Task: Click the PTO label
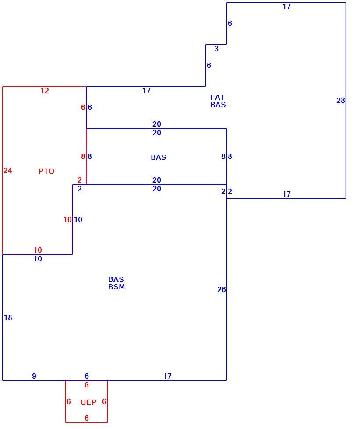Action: pyautogui.click(x=46, y=171)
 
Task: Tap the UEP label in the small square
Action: pyautogui.click(x=88, y=402)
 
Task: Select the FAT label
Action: pyautogui.click(x=218, y=97)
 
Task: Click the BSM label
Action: pyautogui.click(x=116, y=287)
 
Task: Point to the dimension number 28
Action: pyautogui.click(x=341, y=100)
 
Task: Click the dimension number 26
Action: pyautogui.click(x=222, y=289)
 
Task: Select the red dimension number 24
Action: pyautogui.click(x=8, y=170)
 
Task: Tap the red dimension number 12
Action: pyautogui.click(x=45, y=91)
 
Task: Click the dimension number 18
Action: pyautogui.click(x=8, y=317)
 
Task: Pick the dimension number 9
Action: pyautogui.click(x=34, y=376)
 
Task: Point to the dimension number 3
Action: pyautogui.click(x=216, y=49)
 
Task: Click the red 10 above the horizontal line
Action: pyautogui.click(x=38, y=250)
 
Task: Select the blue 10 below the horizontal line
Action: pyautogui.click(x=38, y=259)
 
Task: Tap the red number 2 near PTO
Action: pyautogui.click(x=80, y=180)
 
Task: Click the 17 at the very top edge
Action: pyautogui.click(x=286, y=7)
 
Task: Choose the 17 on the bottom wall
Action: pyautogui.click(x=168, y=376)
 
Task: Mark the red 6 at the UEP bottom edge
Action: pyautogui.click(x=87, y=418)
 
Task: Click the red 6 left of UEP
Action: pyautogui.click(x=69, y=401)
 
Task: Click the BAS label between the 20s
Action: pyautogui.click(x=159, y=157)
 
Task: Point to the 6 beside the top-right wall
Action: pyautogui.click(x=230, y=23)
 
